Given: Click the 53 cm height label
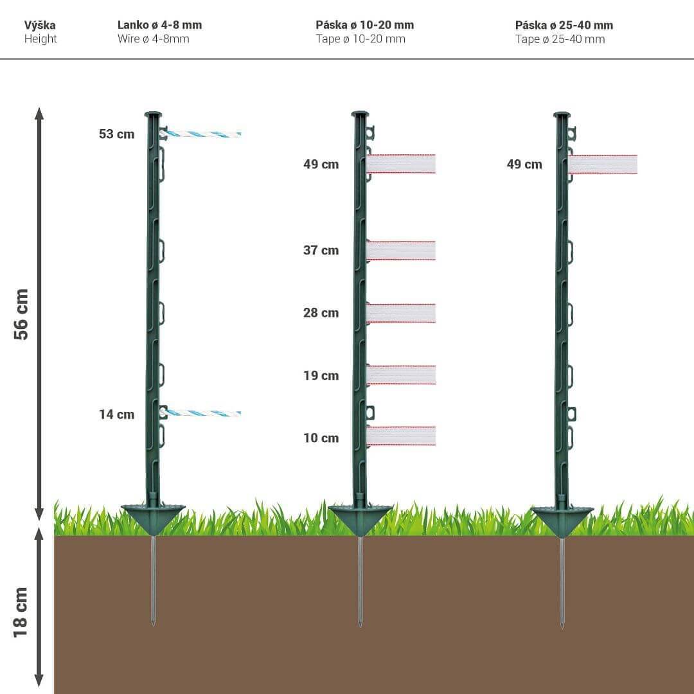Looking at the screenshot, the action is [116, 134].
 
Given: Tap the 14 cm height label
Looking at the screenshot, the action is [116, 414].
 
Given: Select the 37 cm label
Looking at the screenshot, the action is [321, 251].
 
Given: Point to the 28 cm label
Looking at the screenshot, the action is [321, 313].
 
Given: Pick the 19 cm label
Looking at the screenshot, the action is [321, 376].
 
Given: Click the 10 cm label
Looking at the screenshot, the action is [321, 438].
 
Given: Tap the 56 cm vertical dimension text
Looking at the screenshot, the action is [21, 314].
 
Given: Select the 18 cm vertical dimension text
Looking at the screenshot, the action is [21, 612].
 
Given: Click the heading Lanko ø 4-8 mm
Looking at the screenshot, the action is [160, 25].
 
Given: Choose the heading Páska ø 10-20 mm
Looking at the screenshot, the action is [365, 25].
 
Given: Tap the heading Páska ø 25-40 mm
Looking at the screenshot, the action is [564, 25].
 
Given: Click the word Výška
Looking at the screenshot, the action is [40, 25].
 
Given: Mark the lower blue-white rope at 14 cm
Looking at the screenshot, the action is [202, 413].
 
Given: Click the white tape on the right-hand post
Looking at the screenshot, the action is [603, 165].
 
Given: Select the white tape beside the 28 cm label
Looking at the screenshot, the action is [401, 314].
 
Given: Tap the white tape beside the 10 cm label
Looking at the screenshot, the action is [401, 436].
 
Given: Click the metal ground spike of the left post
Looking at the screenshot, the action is [153, 581].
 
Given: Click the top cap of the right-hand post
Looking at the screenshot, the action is [562, 115].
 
